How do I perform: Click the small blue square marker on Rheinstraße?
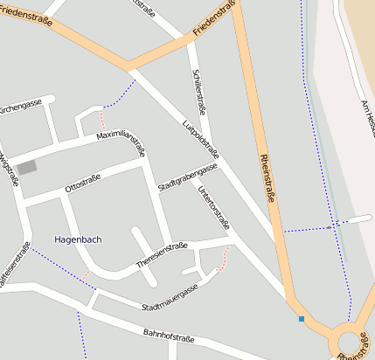coord(301,319)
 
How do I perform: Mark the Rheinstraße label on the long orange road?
coord(267,179)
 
